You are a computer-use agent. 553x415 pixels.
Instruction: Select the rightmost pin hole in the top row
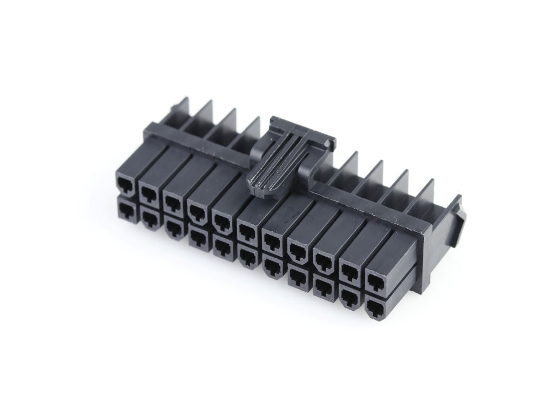coord(374,280)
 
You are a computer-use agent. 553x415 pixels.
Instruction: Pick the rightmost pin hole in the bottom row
coord(374,307)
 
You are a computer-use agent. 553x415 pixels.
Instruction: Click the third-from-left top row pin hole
coord(173,201)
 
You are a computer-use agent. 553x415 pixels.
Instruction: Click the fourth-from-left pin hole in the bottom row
coord(197,236)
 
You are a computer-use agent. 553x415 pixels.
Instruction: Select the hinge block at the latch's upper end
coord(302,130)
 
